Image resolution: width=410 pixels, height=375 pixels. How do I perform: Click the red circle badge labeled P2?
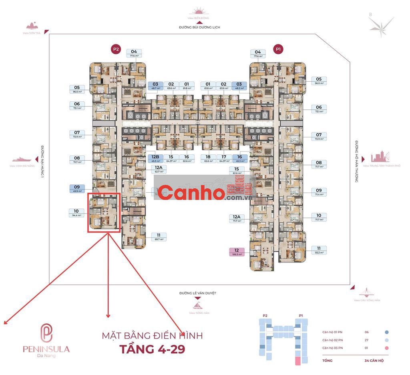coord(116,49)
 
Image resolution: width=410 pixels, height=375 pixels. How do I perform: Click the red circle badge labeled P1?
coord(278,49)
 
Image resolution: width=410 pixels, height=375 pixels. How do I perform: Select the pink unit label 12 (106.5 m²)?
coord(237,252)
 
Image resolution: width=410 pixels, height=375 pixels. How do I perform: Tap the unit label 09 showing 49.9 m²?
coord(77,189)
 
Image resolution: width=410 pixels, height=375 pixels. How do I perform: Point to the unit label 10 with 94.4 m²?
coord(76,213)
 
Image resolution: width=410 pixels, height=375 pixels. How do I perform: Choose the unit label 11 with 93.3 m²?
coord(319,250)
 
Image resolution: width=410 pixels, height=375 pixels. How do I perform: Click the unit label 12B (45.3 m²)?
coord(156,159)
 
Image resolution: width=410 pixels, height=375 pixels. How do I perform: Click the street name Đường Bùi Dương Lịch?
coord(200,27)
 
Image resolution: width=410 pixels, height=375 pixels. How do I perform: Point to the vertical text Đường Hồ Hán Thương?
coord(356,161)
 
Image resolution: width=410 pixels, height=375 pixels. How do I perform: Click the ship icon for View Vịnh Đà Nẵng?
coord(22,159)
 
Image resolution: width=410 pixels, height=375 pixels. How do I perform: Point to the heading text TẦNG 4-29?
coord(152,349)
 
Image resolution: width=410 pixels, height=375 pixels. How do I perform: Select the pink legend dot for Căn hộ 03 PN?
coord(387,349)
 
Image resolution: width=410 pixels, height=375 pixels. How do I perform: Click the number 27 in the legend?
coord(367,340)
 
